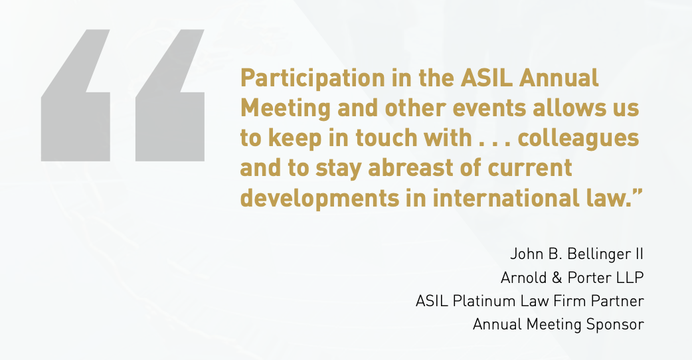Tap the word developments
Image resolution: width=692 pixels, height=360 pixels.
coord(319,199)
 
